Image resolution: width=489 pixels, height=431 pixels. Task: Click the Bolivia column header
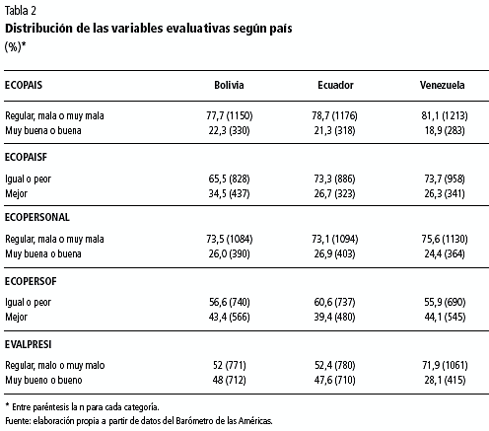click(x=229, y=85)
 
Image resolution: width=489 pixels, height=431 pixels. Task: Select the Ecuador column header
click(x=335, y=85)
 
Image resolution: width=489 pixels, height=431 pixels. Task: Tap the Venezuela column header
click(x=442, y=85)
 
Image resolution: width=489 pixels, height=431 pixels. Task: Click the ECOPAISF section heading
click(x=26, y=157)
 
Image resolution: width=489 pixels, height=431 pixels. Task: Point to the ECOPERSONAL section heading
click(x=37, y=217)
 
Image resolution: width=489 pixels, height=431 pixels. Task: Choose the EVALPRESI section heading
click(x=29, y=344)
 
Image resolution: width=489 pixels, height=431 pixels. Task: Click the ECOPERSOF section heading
click(x=31, y=281)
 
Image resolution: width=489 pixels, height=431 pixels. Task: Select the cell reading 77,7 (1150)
click(x=230, y=115)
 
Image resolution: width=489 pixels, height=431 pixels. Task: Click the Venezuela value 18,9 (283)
click(x=445, y=131)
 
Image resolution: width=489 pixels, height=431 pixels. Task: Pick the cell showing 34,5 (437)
click(x=229, y=193)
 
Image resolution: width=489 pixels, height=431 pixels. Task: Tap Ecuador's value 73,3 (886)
click(x=334, y=179)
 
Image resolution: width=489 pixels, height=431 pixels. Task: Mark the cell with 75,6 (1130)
click(x=445, y=239)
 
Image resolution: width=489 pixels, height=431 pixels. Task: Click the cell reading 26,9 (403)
click(x=334, y=253)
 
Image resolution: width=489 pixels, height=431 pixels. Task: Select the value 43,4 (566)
click(x=230, y=317)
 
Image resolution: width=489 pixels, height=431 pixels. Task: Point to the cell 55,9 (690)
click(x=445, y=302)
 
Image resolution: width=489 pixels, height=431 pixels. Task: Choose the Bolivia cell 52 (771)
click(x=230, y=365)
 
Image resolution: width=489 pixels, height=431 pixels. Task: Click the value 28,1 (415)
click(x=445, y=380)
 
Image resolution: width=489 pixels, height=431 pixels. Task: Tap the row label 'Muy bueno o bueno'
click(x=43, y=380)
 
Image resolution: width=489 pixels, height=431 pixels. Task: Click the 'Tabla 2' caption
click(x=21, y=11)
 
